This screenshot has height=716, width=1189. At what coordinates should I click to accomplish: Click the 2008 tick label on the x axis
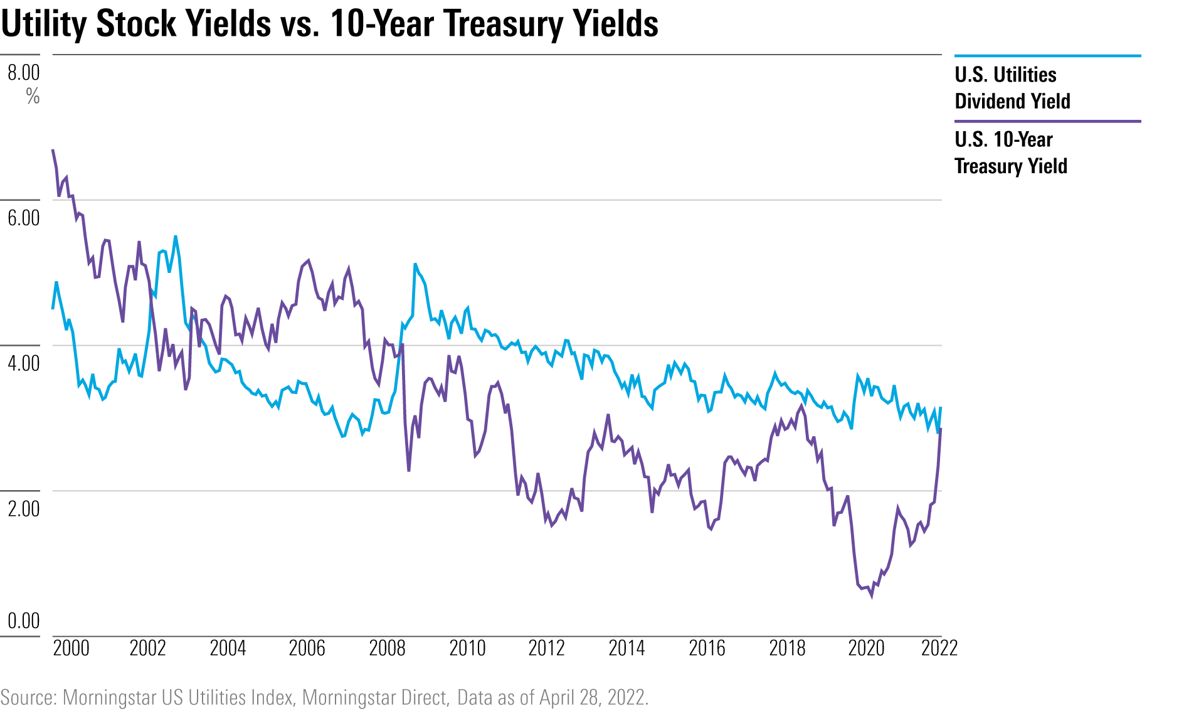387,648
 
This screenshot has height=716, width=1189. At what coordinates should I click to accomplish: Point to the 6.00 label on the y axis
24,218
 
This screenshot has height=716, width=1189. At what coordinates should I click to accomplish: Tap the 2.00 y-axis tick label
24,508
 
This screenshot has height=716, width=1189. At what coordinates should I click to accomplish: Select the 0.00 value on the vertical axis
24,621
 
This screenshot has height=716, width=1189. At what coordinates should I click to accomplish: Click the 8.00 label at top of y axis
24,73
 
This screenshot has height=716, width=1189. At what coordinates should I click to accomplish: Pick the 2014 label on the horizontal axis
626,648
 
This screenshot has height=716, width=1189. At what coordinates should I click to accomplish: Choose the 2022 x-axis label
939,648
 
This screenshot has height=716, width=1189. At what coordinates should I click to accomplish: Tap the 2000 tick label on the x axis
71,648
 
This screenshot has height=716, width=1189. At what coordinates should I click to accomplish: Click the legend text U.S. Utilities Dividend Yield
1012,88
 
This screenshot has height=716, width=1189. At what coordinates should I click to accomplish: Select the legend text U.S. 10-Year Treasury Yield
1010,152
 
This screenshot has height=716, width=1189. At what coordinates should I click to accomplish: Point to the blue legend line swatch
1047,56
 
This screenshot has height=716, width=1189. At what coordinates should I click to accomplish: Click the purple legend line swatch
1047,121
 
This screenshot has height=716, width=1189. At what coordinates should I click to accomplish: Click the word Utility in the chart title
44,24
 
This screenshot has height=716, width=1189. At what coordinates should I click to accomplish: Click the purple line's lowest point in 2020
871,596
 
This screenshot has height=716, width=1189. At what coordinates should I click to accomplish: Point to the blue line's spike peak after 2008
415,265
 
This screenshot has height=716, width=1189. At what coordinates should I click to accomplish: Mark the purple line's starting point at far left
53,150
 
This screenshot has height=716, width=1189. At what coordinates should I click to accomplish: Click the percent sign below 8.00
33,97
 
